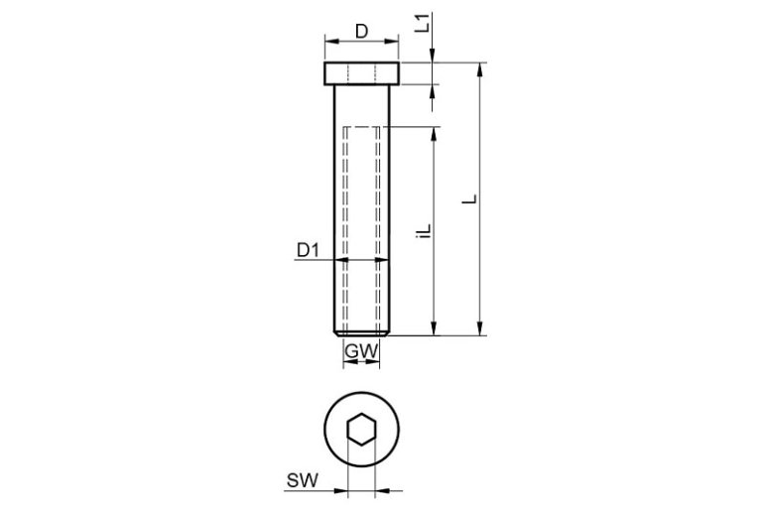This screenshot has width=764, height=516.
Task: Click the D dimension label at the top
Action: [x=361, y=31]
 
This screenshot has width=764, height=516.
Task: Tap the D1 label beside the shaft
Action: [x=308, y=250]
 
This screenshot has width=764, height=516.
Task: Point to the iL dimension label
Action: [x=425, y=231]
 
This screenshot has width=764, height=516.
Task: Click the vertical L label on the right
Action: [x=470, y=199]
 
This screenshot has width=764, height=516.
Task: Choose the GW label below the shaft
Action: [x=361, y=351]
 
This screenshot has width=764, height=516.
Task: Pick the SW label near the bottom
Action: [x=302, y=480]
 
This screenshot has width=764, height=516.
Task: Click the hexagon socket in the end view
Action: [x=361, y=430]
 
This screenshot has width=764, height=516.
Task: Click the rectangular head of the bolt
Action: [x=361, y=73]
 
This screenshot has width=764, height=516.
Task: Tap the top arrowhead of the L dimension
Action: [x=480, y=69]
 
